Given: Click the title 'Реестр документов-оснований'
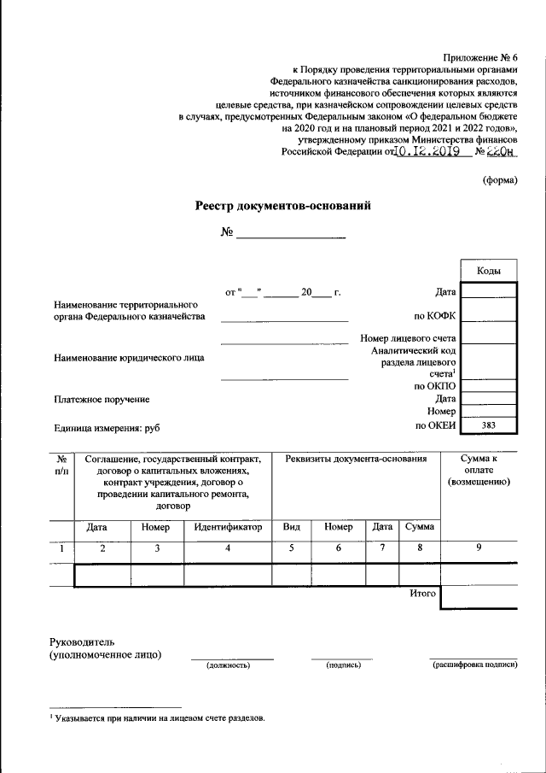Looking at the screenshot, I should click(283, 206).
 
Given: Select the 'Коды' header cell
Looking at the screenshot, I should click(488, 270).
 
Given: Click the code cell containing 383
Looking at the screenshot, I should click(488, 425).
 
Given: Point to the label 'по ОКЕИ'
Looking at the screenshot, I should click(436, 425).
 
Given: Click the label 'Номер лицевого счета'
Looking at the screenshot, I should click(408, 338).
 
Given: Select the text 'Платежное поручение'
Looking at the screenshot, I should click(102, 399).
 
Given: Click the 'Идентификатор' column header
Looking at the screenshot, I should click(227, 528).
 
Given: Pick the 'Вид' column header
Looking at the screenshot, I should click(291, 528).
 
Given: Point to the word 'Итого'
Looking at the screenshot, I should click(422, 593).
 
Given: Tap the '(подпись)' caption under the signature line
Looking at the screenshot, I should click(343, 665).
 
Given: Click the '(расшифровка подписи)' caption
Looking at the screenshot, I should click(474, 665).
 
